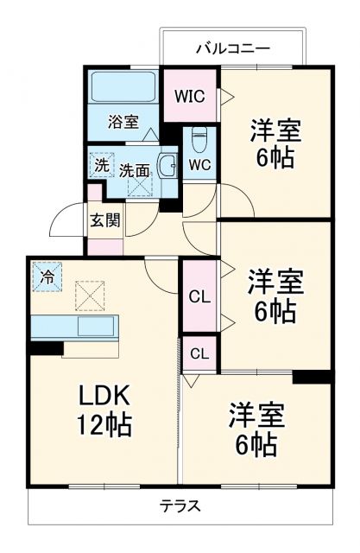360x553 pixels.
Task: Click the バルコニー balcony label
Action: click(x=231, y=48)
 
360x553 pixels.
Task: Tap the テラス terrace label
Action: click(x=180, y=506)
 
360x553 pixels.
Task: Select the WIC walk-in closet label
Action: click(x=190, y=96)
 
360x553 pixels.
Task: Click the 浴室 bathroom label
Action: click(x=123, y=122)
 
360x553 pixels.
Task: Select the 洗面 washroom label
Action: click(x=134, y=170)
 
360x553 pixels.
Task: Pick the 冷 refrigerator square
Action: click(x=47, y=278)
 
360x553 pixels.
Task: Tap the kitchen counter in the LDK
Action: click(x=78, y=327)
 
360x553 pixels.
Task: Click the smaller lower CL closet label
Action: click(x=199, y=353)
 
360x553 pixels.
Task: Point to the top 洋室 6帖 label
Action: click(x=275, y=144)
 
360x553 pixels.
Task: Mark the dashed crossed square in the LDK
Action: click(x=88, y=296)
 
